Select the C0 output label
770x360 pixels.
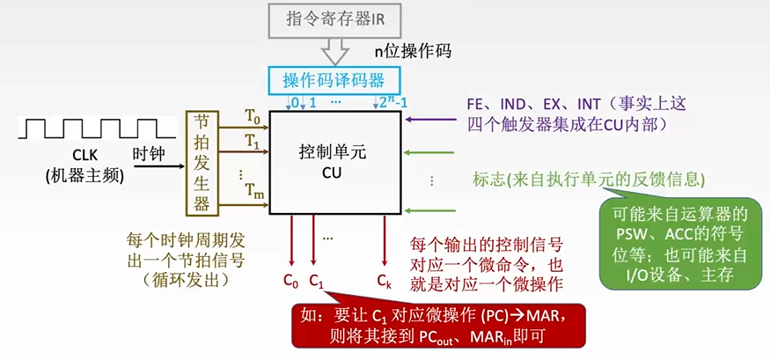tap(290, 281)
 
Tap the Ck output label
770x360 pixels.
tap(384, 281)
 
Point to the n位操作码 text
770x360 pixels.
tap(413, 50)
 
